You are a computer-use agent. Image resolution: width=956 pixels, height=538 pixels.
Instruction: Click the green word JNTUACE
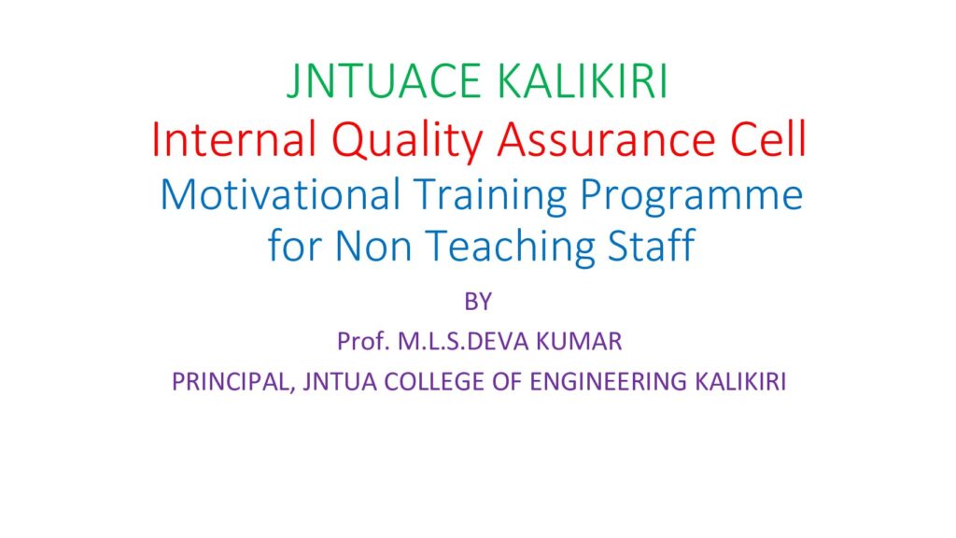tap(384, 81)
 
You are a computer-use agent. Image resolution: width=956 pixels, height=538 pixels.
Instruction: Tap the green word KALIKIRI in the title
tap(583, 81)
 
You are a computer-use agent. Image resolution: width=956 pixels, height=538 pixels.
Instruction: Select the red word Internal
tap(233, 140)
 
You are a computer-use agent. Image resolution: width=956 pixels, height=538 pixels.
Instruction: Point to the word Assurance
tap(606, 140)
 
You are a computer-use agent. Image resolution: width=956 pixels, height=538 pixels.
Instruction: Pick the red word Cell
tap(769, 140)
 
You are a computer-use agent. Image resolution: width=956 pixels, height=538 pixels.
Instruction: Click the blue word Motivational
tap(280, 195)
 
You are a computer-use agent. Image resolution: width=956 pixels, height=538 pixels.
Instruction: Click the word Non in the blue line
tap(373, 246)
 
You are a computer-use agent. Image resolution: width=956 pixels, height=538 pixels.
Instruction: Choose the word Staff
tap(651, 246)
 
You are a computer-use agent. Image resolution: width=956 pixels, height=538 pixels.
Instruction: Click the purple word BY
tap(478, 302)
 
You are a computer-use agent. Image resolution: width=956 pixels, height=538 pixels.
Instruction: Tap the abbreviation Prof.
tap(363, 342)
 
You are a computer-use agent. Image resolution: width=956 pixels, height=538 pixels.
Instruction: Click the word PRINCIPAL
tap(233, 382)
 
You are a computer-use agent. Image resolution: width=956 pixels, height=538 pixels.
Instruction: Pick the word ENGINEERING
tap(609, 382)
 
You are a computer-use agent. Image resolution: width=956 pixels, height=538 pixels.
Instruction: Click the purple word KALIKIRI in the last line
tap(740, 382)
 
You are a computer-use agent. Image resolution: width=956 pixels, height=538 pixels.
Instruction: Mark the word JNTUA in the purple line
tap(340, 382)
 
